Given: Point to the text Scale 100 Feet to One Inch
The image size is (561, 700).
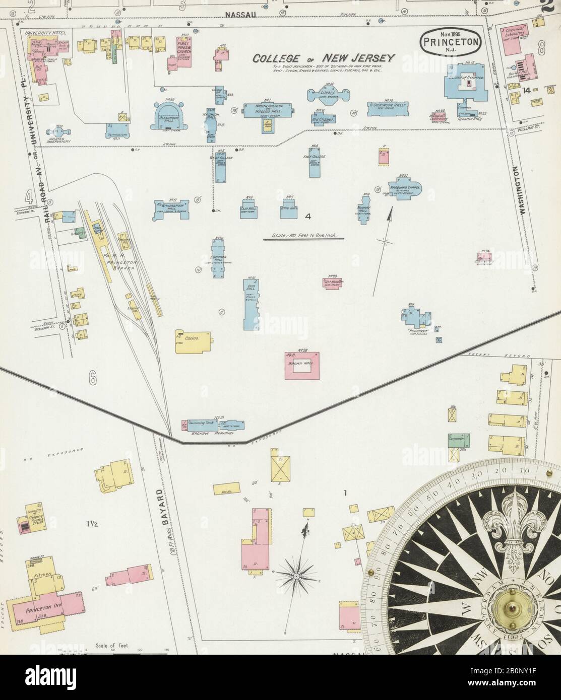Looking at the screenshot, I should pos(303,235).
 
